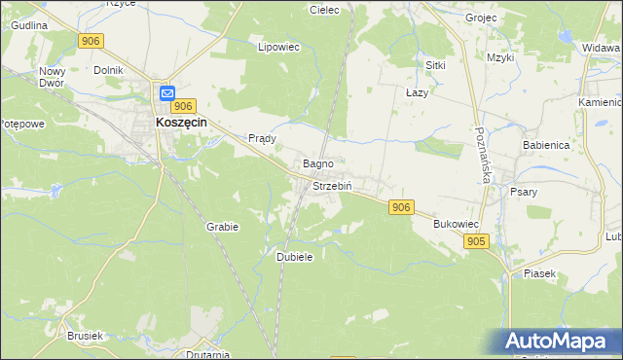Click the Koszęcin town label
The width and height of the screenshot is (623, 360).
tap(186, 123)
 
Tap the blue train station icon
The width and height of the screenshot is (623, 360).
tap(166, 93)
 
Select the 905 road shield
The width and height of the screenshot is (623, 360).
tap(475, 241)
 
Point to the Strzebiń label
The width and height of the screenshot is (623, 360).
tap(331, 185)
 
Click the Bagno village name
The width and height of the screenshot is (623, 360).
tap(319, 163)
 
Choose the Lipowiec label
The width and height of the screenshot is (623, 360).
tap(276, 46)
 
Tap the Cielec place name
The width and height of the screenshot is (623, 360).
tap(323, 10)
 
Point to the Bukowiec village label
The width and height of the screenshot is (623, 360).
tap(454, 223)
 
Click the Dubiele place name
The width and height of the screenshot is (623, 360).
tap(294, 256)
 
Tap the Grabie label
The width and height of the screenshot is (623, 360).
tap(222, 226)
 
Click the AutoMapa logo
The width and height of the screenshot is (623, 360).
tap(560, 342)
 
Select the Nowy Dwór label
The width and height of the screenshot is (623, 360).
tap(51, 78)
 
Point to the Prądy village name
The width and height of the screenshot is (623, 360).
tap(263, 138)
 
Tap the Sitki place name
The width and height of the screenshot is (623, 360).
tap(435, 64)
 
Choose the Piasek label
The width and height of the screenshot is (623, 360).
tap(539, 273)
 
